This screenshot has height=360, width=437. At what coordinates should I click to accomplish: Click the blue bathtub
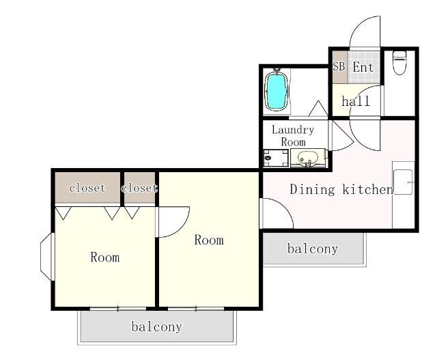click(x=276, y=91)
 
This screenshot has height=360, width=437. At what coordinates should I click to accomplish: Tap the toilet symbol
click(x=399, y=62)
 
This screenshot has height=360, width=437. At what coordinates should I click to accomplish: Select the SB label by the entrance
click(x=339, y=66)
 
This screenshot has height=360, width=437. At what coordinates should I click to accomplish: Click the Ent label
click(x=363, y=67)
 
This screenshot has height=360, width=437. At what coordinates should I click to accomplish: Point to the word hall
click(x=356, y=100)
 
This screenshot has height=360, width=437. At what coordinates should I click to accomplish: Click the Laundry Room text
click(x=293, y=136)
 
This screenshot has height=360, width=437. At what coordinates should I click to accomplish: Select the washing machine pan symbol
click(x=276, y=158)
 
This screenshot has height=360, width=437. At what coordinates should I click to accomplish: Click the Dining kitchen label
click(x=341, y=189)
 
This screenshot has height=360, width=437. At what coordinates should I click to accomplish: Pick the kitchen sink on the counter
click(x=403, y=182)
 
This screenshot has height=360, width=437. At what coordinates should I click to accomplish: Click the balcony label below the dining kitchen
click(x=313, y=249)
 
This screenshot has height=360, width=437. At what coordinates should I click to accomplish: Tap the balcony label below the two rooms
click(x=156, y=327)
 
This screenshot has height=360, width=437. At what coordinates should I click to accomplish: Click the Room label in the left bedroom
click(x=105, y=257)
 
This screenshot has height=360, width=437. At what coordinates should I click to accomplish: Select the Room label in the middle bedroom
click(x=209, y=240)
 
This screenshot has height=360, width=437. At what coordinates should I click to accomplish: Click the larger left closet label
click(x=87, y=188)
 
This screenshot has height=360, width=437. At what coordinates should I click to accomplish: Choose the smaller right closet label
click(x=139, y=188)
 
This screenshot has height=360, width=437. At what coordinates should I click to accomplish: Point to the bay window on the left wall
click(x=46, y=257)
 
